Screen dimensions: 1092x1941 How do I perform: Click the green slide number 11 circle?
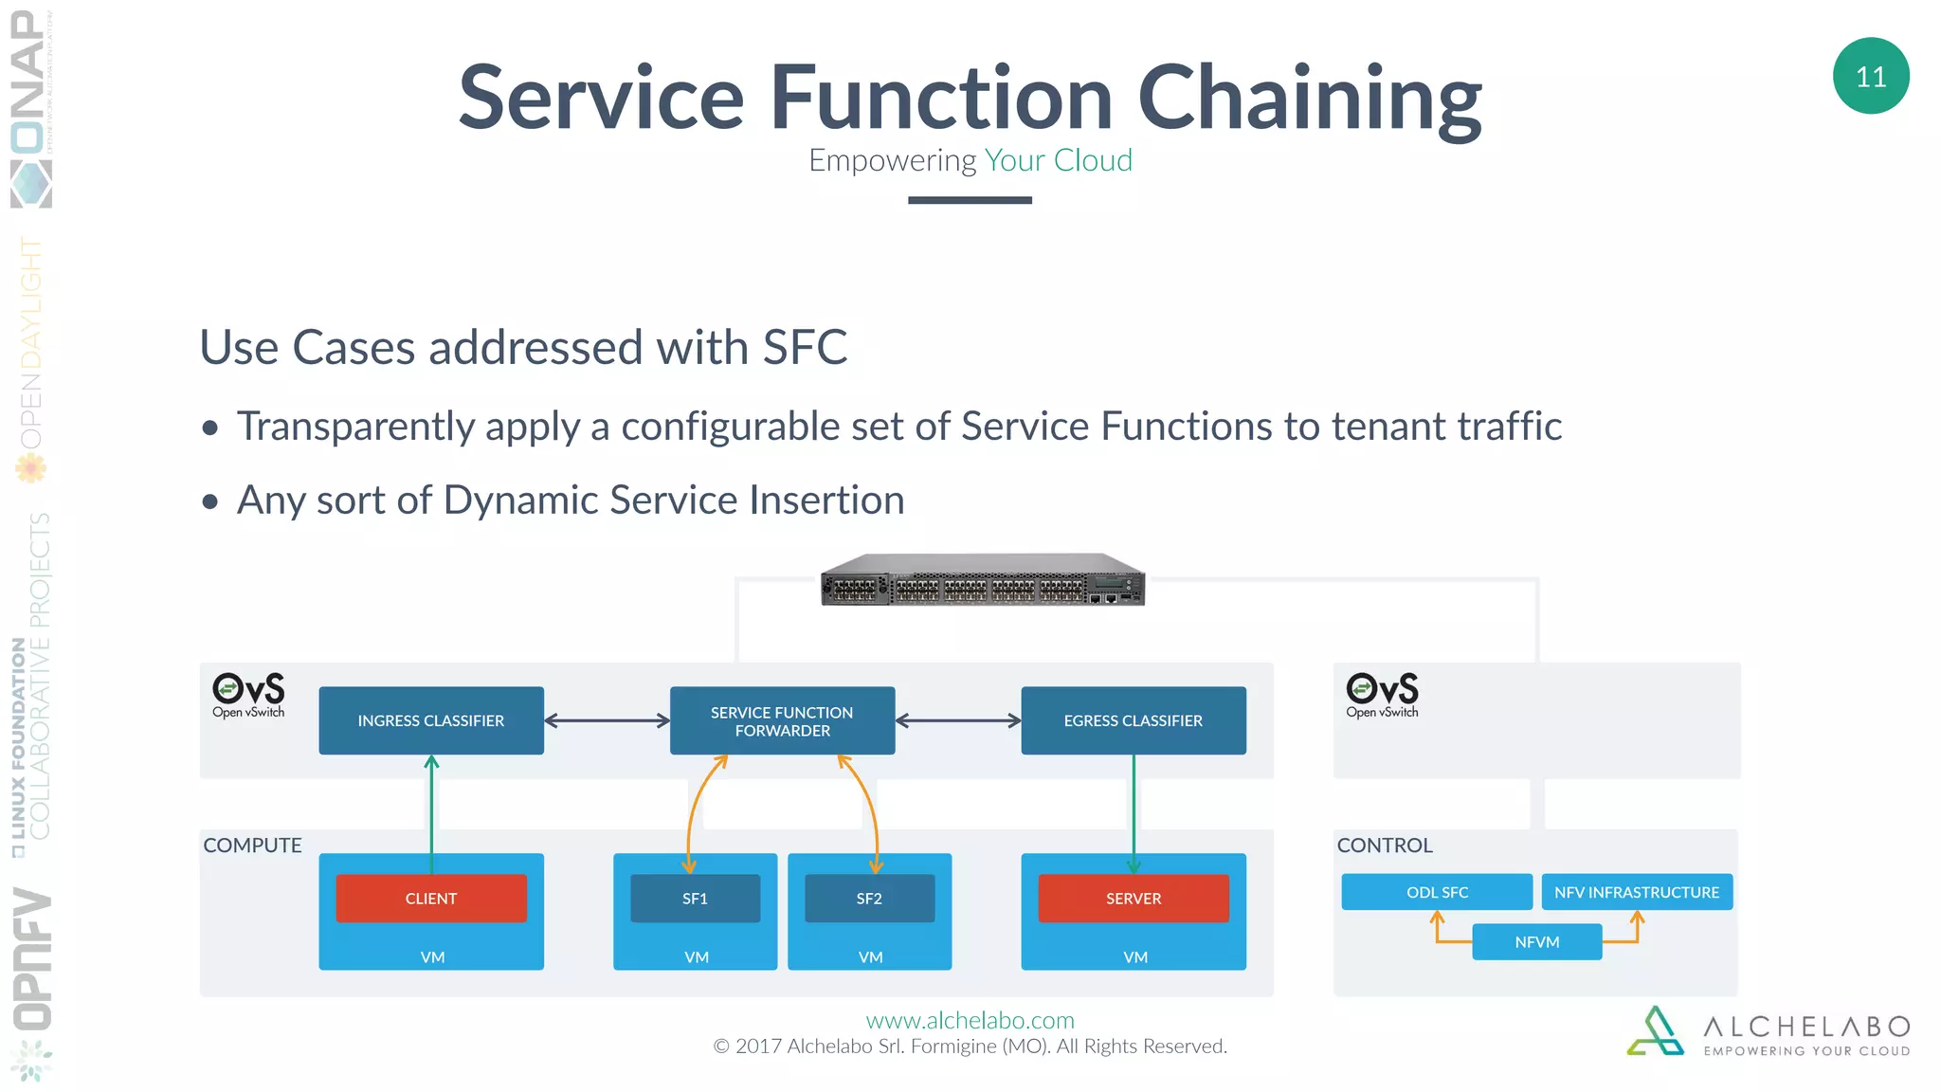click(x=1870, y=76)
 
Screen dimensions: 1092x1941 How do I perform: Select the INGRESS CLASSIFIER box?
click(x=431, y=720)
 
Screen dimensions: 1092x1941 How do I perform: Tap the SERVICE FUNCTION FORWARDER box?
click(x=782, y=720)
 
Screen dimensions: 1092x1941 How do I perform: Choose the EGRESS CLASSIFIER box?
click(x=1133, y=720)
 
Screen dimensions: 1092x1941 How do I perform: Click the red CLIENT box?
click(x=431, y=898)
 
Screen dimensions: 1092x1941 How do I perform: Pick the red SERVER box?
click(x=1133, y=898)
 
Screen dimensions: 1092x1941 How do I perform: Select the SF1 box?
click(x=695, y=898)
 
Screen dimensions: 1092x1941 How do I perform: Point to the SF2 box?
click(x=869, y=898)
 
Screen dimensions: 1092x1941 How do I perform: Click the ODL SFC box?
click(x=1437, y=892)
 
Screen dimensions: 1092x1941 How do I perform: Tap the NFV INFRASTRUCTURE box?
click(x=1637, y=892)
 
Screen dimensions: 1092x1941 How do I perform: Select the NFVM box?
click(x=1536, y=941)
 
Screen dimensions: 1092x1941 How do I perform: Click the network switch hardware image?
click(x=983, y=579)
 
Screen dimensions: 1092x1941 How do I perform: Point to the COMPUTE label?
click(x=252, y=845)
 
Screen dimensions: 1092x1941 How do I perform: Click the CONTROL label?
click(x=1385, y=845)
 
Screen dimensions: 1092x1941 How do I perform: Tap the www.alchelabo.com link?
click(x=970, y=1020)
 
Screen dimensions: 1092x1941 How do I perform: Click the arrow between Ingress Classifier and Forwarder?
click(x=607, y=720)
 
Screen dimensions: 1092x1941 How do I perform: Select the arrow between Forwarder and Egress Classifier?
click(x=958, y=720)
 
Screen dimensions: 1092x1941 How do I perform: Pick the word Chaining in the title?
click(x=1309, y=99)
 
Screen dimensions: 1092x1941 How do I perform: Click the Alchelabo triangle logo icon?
click(x=1656, y=1031)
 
